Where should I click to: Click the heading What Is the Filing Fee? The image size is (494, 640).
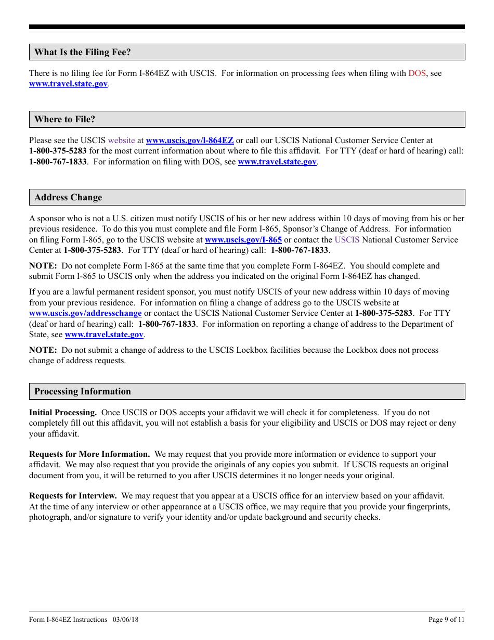tap(82, 52)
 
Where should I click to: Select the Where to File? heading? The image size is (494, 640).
tap(64, 119)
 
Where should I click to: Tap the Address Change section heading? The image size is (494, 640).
tap(68, 197)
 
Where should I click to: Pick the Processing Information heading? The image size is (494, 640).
tap(82, 391)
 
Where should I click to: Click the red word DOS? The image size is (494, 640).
tap(417, 73)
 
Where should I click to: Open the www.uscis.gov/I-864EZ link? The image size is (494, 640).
tap(190, 140)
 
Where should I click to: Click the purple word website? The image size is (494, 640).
tap(121, 140)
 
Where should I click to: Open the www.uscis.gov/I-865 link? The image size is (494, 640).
tap(243, 240)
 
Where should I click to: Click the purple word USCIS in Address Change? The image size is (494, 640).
tap(347, 240)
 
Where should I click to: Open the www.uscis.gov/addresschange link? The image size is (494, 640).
tap(85, 313)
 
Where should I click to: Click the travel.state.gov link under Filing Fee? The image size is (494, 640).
tap(68, 84)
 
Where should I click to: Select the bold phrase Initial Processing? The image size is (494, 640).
tap(63, 413)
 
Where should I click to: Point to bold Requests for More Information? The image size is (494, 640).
tap(89, 454)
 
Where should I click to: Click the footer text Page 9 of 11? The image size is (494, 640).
tap(446, 619)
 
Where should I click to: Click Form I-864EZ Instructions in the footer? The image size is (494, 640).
tap(68, 619)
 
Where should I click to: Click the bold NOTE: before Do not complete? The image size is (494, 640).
tap(43, 266)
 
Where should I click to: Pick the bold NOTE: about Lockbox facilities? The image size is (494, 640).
tap(43, 350)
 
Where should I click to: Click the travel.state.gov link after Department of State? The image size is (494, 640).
tap(104, 335)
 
